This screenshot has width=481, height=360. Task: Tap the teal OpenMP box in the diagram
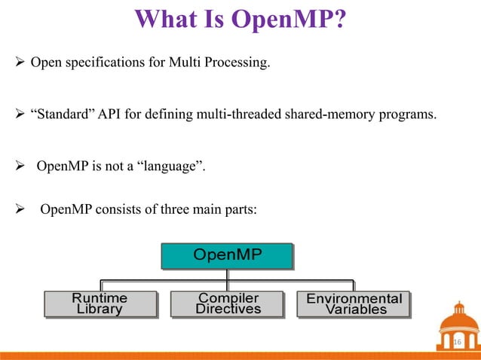point(227,255)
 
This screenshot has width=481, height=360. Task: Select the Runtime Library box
point(100,304)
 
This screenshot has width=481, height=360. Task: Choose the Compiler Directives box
point(228,304)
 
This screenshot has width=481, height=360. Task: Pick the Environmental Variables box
point(354,304)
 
